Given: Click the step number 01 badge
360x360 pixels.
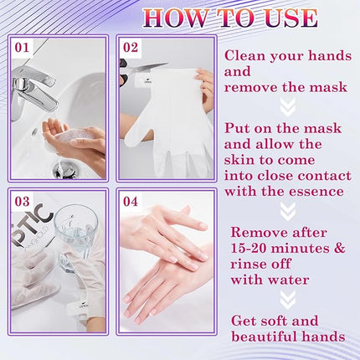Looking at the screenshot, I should click(x=22, y=48).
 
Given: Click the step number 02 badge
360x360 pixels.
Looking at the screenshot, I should click(x=131, y=48).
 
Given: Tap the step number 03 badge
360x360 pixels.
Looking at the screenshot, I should click(x=22, y=202).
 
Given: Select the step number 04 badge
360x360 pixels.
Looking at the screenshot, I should click(x=131, y=202).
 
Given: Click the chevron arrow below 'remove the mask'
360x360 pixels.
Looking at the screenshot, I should click(x=287, y=106).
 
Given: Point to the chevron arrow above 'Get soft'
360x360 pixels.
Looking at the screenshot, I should click(x=287, y=299).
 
